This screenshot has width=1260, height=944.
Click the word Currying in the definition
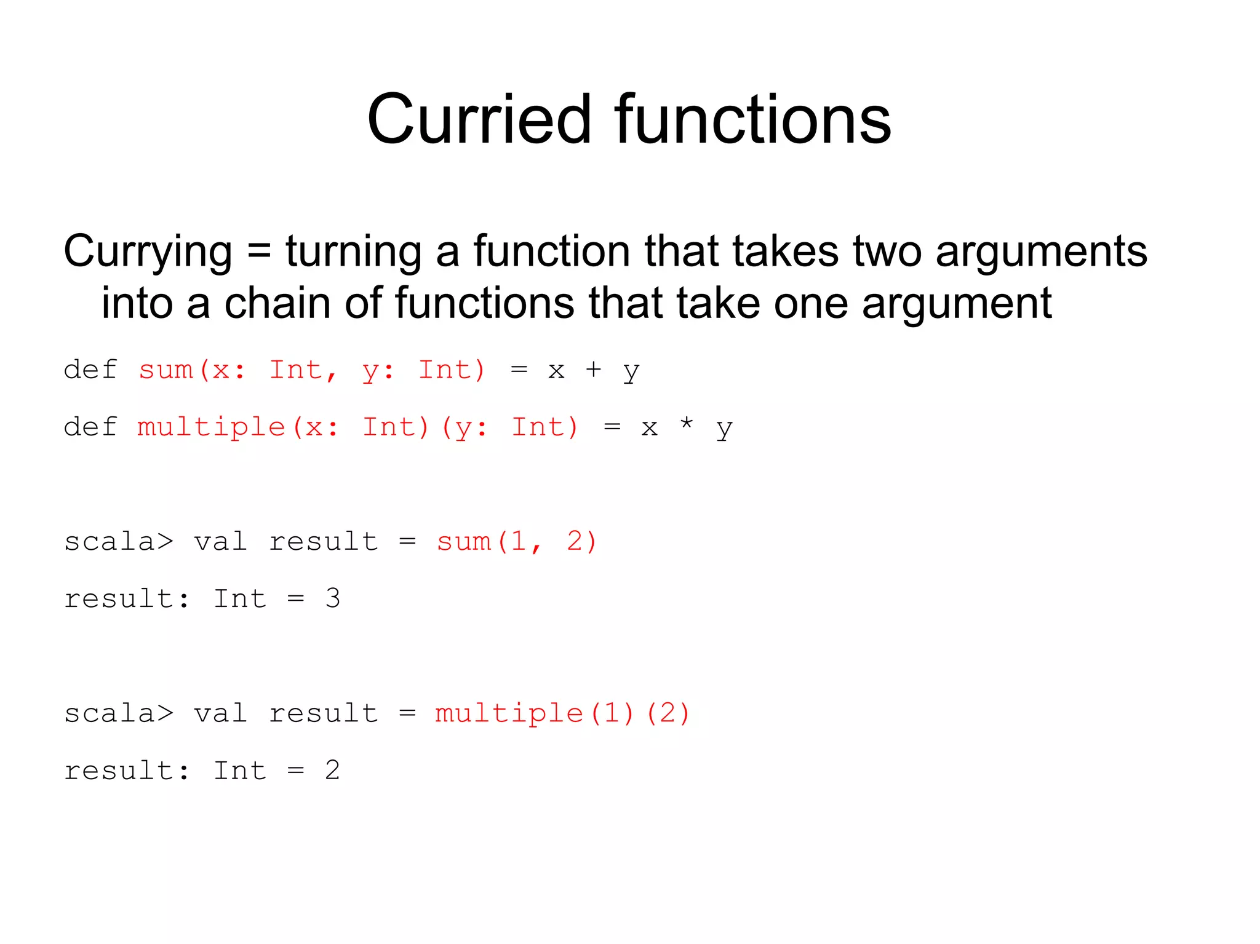click(x=148, y=252)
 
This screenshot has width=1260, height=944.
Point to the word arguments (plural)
click(x=1041, y=252)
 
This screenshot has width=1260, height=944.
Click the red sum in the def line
click(x=165, y=370)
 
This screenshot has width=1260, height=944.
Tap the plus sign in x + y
click(x=593, y=370)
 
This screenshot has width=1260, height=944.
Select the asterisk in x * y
click(x=687, y=424)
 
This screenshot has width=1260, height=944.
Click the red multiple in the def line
click(x=211, y=427)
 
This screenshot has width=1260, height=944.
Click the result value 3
click(x=333, y=598)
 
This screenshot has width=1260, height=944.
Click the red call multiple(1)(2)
click(x=562, y=713)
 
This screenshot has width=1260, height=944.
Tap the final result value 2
click(x=333, y=771)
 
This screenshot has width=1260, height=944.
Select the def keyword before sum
click(x=90, y=370)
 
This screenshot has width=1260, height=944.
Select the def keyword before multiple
click(x=90, y=427)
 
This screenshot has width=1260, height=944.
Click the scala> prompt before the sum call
click(x=119, y=542)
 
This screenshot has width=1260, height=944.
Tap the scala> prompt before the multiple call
click(x=119, y=713)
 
